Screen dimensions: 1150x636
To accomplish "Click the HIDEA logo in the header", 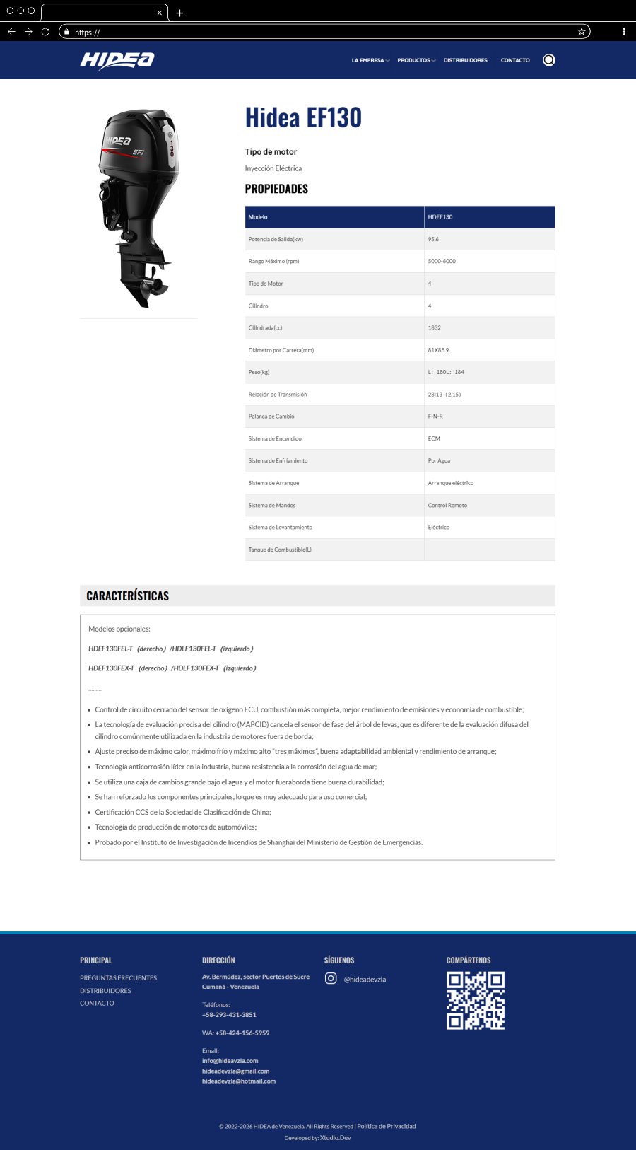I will coord(117,61).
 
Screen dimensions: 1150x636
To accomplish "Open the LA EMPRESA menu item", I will coord(368,61).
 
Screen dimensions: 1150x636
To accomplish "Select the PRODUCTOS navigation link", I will coord(414,61).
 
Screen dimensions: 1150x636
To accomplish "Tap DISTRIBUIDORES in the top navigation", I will coord(465,61).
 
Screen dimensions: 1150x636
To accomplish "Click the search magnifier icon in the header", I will coord(548,60).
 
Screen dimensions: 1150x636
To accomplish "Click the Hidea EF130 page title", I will coord(303,117).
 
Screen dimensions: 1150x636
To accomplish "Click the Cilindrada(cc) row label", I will coord(265,328).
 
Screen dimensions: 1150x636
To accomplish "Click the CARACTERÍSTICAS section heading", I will coord(128,596).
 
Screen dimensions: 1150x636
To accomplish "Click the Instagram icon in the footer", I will coord(331,978).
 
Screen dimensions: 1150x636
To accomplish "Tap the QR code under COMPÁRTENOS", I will coord(475,1000).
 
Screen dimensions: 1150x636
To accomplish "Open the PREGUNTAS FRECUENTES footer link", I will coord(118,978).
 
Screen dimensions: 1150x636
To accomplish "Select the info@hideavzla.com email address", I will coord(230,1061).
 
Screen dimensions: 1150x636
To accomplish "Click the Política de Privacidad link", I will coord(386,1126).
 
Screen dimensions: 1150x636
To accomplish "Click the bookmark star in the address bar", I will coord(582,32).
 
